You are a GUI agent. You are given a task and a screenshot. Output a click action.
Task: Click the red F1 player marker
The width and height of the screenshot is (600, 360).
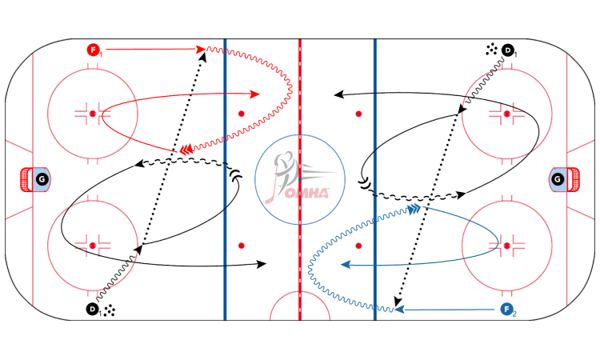click(93, 49)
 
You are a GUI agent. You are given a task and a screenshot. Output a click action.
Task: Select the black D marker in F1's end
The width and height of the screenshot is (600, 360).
click(93, 310)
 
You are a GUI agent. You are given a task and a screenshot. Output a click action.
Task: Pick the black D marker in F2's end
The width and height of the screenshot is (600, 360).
click(508, 49)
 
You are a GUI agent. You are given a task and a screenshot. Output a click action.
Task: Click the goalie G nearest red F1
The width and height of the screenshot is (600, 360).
click(41, 180)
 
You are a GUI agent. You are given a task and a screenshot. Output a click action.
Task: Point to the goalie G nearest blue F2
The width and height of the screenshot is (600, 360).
click(558, 180)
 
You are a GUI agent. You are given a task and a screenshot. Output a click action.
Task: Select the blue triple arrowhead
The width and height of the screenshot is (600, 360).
click(413, 210)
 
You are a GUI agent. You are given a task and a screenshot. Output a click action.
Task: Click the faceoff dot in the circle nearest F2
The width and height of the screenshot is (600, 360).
click(508, 244)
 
